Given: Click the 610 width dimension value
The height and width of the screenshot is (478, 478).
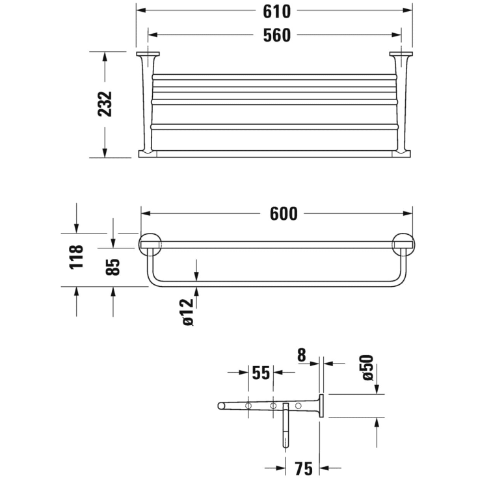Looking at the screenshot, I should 276,12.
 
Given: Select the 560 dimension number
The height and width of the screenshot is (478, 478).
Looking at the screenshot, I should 276,35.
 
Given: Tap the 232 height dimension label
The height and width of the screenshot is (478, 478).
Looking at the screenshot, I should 105,104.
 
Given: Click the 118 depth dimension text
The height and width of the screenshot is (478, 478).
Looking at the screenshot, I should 77,257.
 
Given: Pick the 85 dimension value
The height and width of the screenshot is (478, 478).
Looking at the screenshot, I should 113,267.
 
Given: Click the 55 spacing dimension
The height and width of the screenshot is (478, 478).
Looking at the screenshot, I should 261,373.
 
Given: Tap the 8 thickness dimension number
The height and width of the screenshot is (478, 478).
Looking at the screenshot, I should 301,356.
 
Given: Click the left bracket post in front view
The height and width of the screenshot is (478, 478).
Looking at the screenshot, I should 147,104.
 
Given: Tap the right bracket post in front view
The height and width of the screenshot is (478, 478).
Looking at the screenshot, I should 399,104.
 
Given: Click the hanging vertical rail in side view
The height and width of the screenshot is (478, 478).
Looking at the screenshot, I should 285,426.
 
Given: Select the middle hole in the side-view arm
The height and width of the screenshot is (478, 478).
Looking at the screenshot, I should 273,406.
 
